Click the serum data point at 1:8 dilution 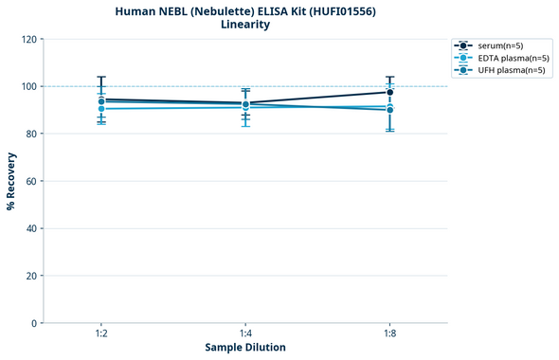pos(389,92)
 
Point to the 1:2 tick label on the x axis pos(100,334)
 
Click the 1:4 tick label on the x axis pos(245,334)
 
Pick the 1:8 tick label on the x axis pos(389,334)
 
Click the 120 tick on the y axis pos(28,40)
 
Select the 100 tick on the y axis pos(28,87)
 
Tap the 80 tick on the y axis pos(31,135)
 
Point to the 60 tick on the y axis pos(31,181)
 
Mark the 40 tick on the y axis pos(31,228)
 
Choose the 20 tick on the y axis pos(31,276)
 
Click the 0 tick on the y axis pos(34,323)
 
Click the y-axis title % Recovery pos(11,181)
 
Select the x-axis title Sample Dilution pos(245,348)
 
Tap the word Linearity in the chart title pos(244,25)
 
